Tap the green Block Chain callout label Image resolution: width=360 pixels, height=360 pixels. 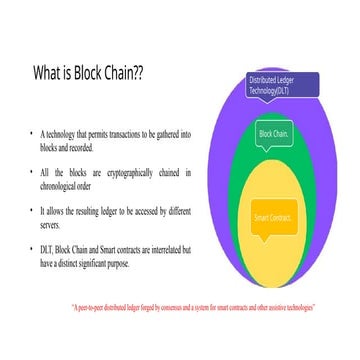pyautogui.click(x=273, y=133)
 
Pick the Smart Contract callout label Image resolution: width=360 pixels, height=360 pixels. pyautogui.click(x=271, y=218)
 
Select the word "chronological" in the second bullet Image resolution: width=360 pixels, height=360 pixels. pyautogui.click(x=62, y=184)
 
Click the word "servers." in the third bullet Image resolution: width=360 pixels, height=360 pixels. pyautogui.click(x=51, y=224)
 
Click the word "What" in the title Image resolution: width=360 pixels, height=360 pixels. pyautogui.click(x=51, y=73)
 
